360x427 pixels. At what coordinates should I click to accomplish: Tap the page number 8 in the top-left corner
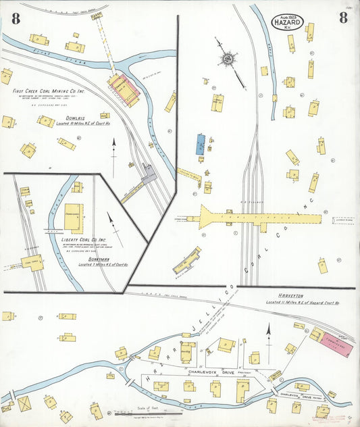pos(15,19)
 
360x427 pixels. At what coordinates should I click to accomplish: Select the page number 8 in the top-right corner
pos(343,18)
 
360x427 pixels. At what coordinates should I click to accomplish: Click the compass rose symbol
pos(228,59)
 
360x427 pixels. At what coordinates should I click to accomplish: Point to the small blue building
pos(200,144)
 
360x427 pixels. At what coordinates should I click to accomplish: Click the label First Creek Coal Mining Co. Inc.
pos(49,91)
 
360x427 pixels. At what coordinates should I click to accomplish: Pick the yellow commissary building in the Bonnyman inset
pos(74,213)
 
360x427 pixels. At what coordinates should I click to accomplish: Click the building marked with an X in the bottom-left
pos(24,403)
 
